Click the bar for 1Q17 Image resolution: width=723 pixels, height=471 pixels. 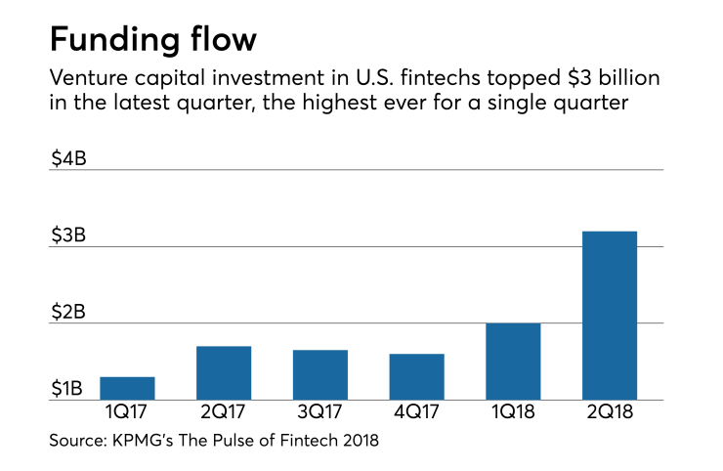click(x=126, y=388)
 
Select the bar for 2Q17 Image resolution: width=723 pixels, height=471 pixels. click(x=223, y=372)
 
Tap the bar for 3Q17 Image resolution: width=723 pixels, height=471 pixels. click(x=319, y=374)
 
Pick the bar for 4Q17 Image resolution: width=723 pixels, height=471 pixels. click(x=416, y=376)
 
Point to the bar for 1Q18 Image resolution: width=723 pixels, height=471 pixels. click(x=513, y=361)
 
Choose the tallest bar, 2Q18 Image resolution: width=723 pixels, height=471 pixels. click(x=609, y=315)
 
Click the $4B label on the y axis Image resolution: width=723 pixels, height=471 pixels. click(x=68, y=157)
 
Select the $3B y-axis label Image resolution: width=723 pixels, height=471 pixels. click(x=68, y=235)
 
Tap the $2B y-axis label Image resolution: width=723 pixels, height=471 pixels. click(x=68, y=312)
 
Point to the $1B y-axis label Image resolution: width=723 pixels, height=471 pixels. click(x=68, y=389)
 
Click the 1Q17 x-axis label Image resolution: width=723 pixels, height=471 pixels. click(x=126, y=413)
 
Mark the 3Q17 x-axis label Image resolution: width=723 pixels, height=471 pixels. click(x=319, y=413)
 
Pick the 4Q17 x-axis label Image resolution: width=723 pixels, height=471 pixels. click(x=416, y=413)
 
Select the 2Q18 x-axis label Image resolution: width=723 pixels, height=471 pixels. click(x=609, y=413)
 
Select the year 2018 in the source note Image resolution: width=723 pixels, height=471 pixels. click(x=358, y=442)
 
